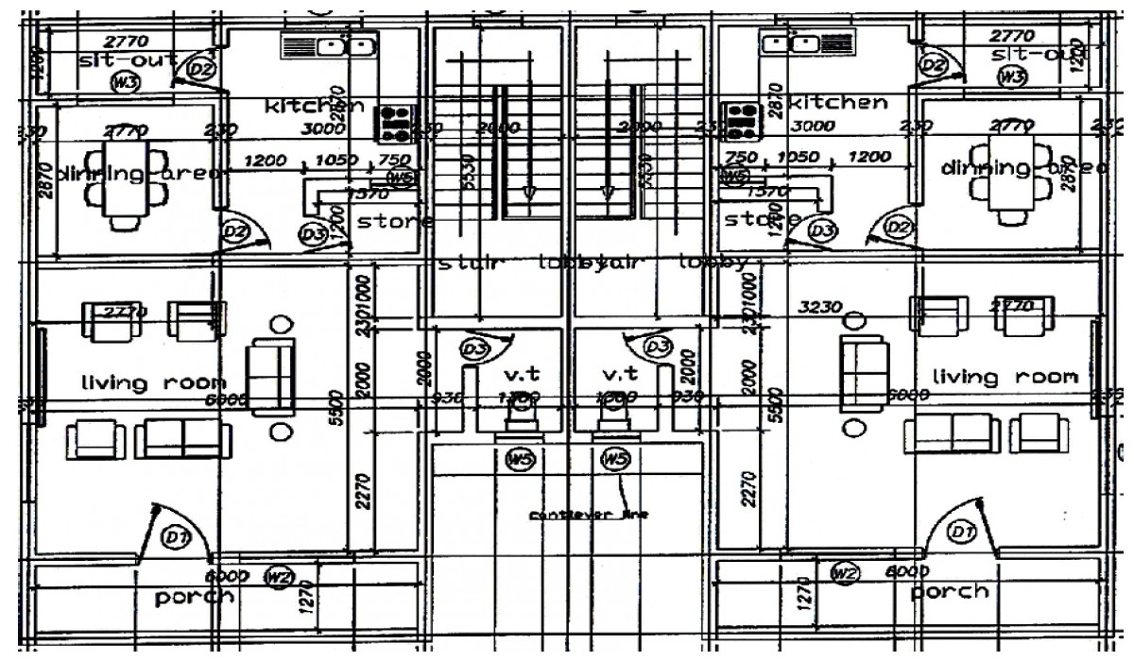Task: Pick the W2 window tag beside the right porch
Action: click(x=844, y=571)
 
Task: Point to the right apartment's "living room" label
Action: click(x=1005, y=377)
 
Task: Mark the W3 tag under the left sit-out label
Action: click(x=123, y=83)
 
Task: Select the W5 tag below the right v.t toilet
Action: click(x=615, y=460)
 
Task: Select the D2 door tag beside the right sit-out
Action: click(x=934, y=64)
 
